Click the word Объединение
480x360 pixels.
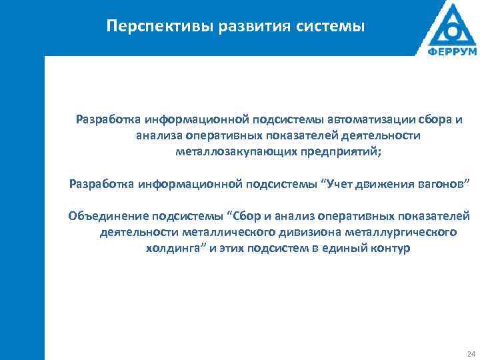109,216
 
